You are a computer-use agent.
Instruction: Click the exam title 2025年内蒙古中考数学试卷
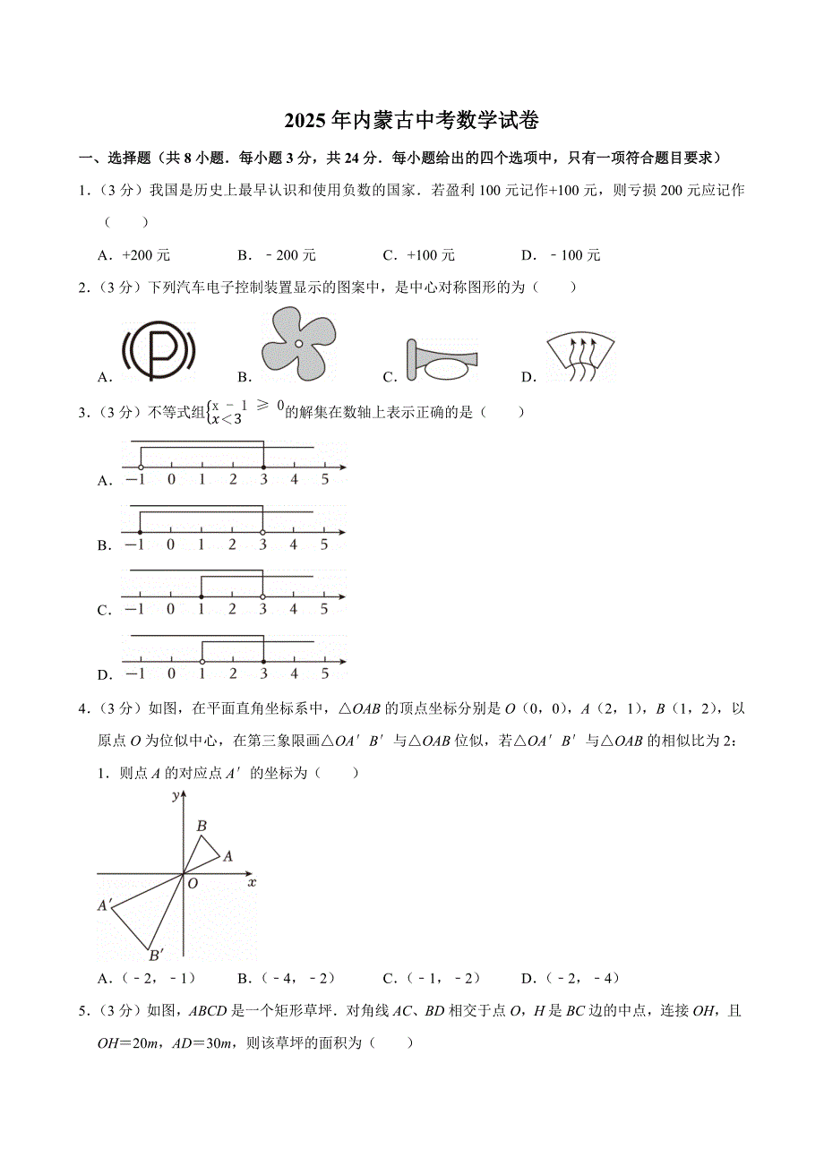pyautogui.click(x=412, y=120)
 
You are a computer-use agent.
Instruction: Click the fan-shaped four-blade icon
pyautogui.click(x=298, y=343)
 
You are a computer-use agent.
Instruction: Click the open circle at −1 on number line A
pyautogui.click(x=141, y=467)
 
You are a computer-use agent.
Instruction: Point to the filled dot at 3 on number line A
pyautogui.click(x=262, y=467)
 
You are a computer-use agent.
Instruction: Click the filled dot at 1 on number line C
pyautogui.click(x=202, y=596)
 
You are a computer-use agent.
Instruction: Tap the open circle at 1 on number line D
pyautogui.click(x=202, y=662)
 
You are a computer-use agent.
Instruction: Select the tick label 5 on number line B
pyautogui.click(x=324, y=544)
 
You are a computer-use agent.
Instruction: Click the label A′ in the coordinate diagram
pyautogui.click(x=104, y=906)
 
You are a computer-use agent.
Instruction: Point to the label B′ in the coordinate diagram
pyautogui.click(x=155, y=955)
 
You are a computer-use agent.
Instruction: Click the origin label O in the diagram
pyautogui.click(x=192, y=883)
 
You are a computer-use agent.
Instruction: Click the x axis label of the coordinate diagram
pyautogui.click(x=252, y=883)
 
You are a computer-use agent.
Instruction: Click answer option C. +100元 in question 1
pyautogui.click(x=419, y=255)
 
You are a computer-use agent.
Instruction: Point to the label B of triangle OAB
pyautogui.click(x=202, y=826)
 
